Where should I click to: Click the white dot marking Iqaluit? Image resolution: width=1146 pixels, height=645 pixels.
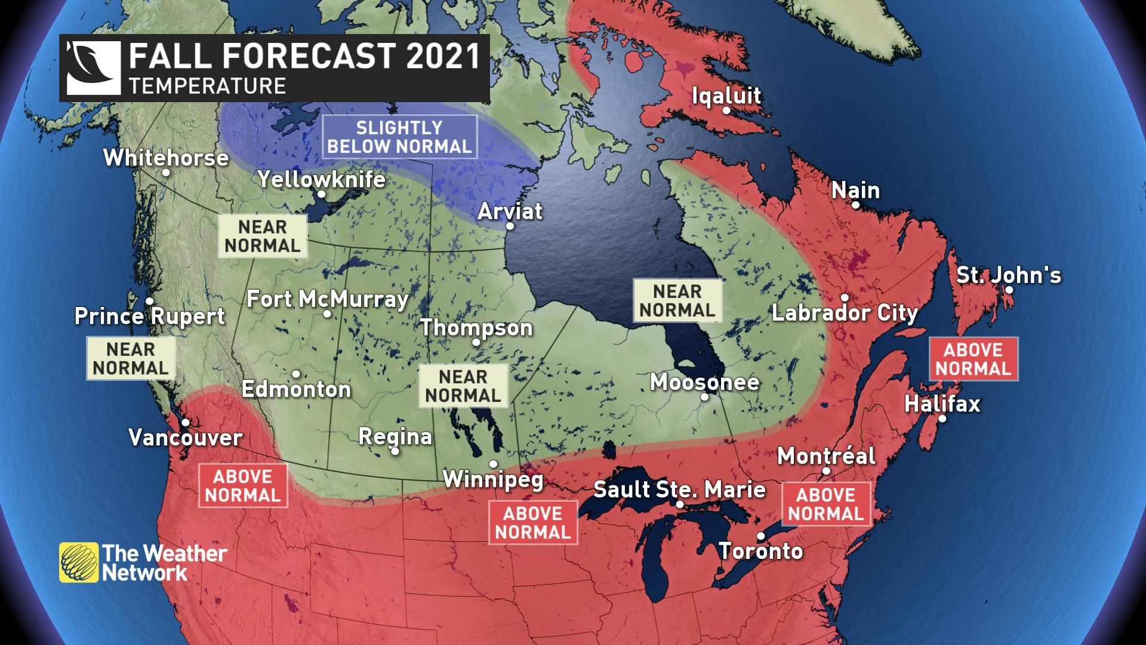point(726,110)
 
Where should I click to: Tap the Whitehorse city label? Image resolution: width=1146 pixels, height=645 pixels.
point(166,158)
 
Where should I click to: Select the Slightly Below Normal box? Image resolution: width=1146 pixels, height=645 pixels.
point(399,137)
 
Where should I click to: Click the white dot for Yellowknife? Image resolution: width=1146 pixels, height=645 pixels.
point(321,194)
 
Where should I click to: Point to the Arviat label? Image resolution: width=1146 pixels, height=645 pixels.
point(510,211)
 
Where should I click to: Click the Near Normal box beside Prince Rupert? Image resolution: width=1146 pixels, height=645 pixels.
point(131,358)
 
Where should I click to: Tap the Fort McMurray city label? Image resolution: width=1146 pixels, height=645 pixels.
point(327,299)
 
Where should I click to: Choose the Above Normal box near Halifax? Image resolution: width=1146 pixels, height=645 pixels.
point(973,359)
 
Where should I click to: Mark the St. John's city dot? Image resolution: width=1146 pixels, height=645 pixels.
point(1009,290)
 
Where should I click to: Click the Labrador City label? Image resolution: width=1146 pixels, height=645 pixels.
point(844,312)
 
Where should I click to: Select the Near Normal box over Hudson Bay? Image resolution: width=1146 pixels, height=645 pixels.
point(677,300)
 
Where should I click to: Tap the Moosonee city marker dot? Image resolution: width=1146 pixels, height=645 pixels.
point(704,397)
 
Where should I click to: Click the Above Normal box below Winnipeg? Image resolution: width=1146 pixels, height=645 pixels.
point(532,523)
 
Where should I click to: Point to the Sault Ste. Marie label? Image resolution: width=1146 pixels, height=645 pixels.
point(679,489)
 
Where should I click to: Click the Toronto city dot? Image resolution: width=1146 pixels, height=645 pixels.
point(761,536)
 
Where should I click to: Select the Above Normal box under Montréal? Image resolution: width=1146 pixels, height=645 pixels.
point(825,504)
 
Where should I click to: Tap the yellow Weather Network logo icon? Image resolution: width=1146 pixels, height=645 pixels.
point(78,563)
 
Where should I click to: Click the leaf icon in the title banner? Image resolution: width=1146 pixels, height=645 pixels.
point(93,68)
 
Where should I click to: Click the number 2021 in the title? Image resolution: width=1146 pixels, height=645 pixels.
point(443,56)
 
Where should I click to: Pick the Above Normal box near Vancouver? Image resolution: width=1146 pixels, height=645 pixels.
point(242,486)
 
